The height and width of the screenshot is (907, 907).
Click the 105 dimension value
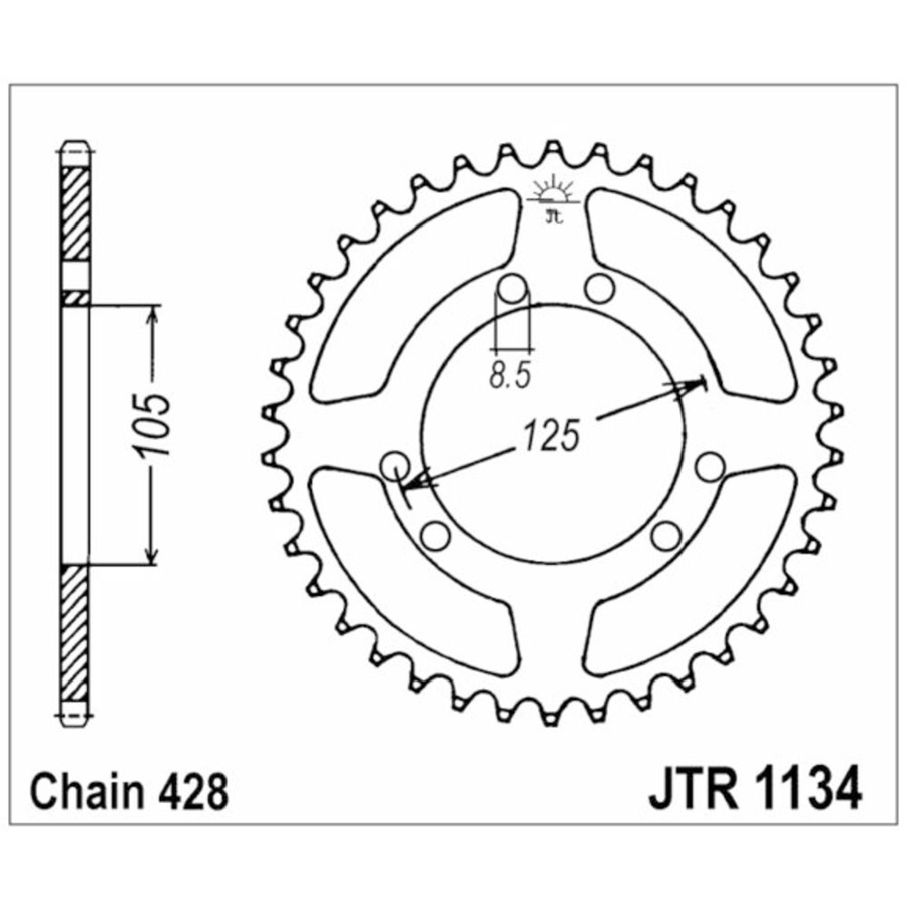[x=152, y=425]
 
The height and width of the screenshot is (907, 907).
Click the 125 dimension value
[x=551, y=435]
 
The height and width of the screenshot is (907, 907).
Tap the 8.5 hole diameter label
[x=510, y=375]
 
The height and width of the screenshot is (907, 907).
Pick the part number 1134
[x=808, y=790]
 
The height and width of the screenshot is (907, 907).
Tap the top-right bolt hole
[x=599, y=288]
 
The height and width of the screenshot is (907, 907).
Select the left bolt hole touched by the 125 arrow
[x=396, y=464]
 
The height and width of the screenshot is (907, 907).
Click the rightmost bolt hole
[x=710, y=467]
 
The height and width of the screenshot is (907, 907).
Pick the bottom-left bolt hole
[x=436, y=537]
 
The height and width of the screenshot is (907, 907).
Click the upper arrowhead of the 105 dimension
[x=152, y=317]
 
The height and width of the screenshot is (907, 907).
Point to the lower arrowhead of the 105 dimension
[x=151, y=553]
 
